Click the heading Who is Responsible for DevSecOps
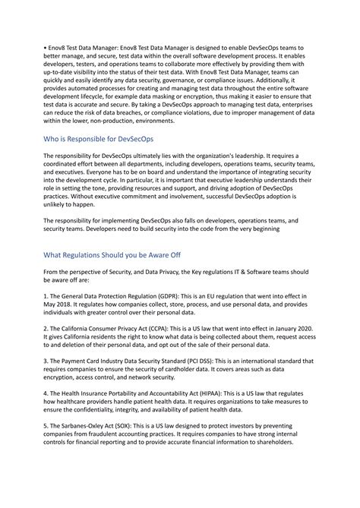[x=99, y=140]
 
